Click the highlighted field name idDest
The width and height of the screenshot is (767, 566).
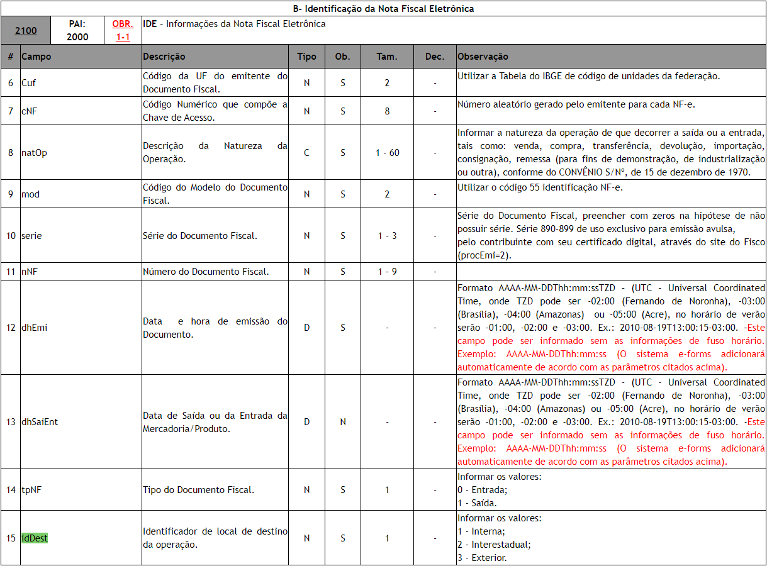pos(35,538)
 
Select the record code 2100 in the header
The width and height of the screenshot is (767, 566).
pos(26,30)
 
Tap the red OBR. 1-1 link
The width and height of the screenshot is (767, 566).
pos(123,30)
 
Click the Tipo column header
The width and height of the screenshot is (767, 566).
pos(306,57)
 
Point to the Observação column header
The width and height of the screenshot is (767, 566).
pos(483,57)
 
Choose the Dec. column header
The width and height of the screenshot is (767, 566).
pos(434,57)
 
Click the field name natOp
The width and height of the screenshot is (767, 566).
pos(34,153)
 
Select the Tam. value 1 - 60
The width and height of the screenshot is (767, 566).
pos(387,153)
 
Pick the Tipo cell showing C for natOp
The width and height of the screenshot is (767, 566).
pos(306,153)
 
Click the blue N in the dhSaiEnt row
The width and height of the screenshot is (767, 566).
pos(342,422)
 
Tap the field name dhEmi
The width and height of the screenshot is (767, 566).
pos(34,328)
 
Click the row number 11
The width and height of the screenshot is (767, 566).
pos(11,272)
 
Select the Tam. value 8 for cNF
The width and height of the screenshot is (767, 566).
pos(387,111)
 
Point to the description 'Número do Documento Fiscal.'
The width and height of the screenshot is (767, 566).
pos(206,272)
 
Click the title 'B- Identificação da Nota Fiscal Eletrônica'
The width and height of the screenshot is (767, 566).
pos(384,8)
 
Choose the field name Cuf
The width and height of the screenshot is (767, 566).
pos(29,83)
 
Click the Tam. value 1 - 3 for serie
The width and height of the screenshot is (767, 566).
pos(387,236)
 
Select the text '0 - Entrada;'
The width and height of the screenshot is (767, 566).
pos(481,489)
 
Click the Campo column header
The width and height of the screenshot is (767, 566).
pos(36,57)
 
